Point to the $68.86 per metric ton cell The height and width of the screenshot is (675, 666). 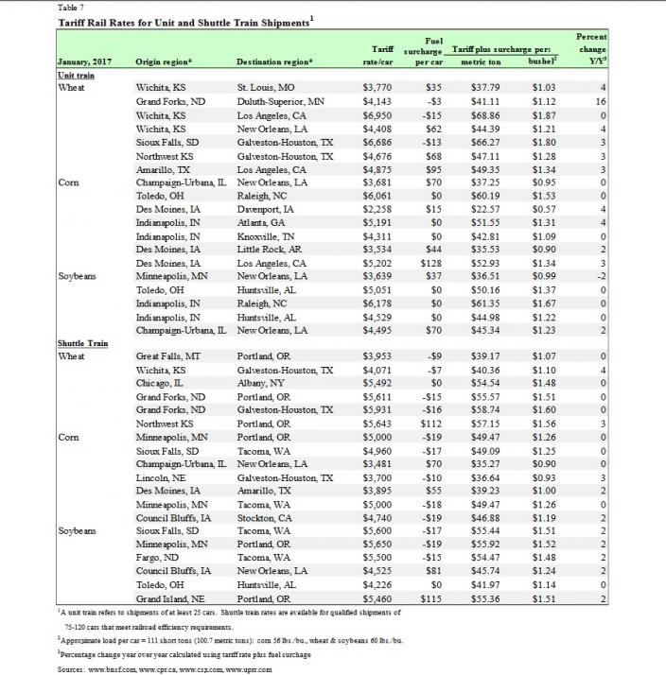[473, 112]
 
